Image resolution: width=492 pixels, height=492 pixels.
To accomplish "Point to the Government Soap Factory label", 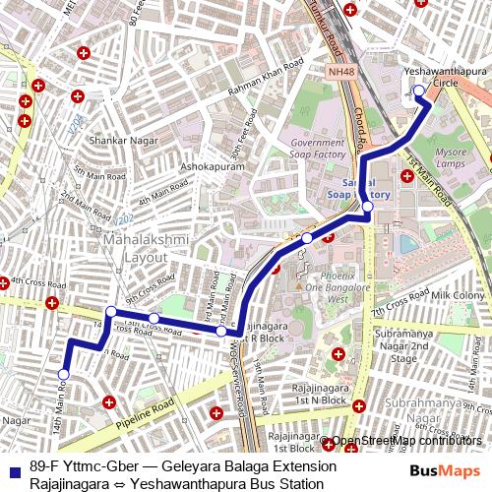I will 318,150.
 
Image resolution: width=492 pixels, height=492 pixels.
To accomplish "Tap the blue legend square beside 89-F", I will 13,468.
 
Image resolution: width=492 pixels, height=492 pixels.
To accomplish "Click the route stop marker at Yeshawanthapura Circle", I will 418,91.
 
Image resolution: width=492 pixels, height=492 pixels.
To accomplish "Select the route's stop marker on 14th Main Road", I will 64,375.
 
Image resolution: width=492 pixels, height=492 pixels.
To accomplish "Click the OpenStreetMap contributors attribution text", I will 406,441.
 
